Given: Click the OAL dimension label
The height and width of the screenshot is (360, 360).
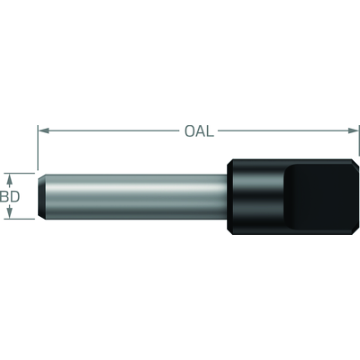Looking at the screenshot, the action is tap(199, 131).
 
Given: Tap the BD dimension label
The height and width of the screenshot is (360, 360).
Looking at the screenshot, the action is tap(10, 196).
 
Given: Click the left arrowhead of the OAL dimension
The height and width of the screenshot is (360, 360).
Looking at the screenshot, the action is tap(44, 130).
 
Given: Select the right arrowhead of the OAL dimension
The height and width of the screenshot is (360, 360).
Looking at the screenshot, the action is tap(353, 130).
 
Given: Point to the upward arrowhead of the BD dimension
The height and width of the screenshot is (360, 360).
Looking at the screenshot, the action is tap(10, 179).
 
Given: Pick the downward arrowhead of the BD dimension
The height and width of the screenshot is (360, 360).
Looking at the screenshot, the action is tap(10, 212).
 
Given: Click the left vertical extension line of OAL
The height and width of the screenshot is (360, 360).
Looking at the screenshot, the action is tap(38, 148).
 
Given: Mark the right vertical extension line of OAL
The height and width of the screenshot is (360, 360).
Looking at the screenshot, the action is tap(359, 140).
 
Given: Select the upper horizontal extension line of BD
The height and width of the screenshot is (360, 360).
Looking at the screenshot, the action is tap(20, 173).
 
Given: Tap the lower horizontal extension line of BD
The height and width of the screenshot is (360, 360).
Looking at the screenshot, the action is tap(20, 219).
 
